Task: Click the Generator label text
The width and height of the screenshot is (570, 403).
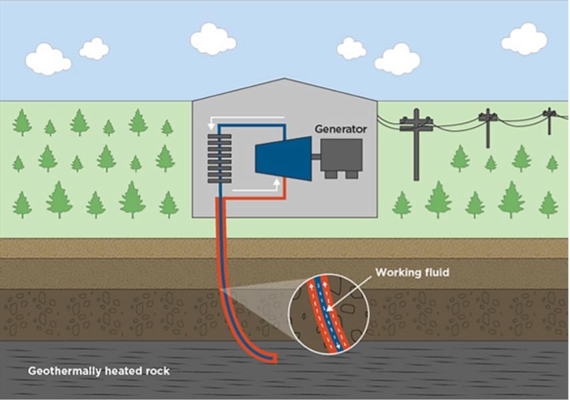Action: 340,129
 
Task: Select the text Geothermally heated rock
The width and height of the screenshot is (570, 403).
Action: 99,371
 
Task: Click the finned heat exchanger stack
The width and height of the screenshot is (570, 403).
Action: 219,159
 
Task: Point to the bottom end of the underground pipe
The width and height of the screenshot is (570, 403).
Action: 273,359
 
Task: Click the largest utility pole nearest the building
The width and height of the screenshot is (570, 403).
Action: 416,147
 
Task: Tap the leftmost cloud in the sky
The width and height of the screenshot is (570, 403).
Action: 48,60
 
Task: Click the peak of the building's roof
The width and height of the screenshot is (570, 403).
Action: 285,79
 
